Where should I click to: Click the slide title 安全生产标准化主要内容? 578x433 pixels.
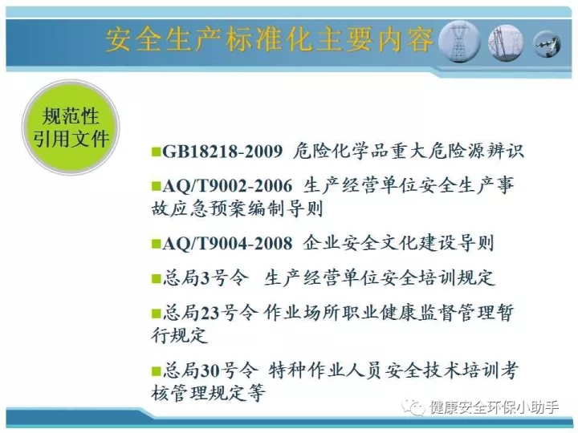270,39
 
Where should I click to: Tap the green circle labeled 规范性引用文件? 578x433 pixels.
71,127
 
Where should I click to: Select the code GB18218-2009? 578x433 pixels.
222,152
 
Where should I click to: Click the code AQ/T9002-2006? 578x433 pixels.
227,186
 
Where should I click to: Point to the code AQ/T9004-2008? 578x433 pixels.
227,243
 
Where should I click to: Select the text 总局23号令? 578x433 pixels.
210,313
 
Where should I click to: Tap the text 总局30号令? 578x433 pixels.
210,370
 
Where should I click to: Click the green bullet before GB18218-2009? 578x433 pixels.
157,152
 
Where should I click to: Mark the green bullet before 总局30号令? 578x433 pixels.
157,370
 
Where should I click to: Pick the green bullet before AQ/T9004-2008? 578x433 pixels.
157,244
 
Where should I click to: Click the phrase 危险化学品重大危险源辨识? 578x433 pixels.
409,152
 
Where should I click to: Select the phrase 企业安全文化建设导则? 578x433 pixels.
398,243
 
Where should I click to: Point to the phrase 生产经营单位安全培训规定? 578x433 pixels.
379,278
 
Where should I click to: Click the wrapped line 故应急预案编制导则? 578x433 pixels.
238,208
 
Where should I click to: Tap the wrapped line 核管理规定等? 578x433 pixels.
208,393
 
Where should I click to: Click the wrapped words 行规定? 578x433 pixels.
180,335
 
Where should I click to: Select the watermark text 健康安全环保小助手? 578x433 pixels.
494,407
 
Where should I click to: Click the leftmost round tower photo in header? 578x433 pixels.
461,42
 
